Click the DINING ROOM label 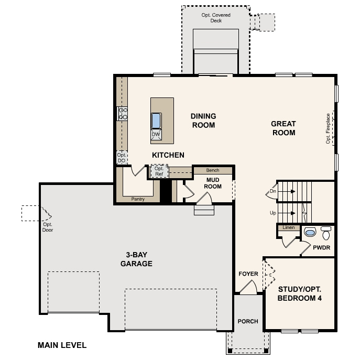pos(203,121)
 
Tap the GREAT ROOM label pos(283,128)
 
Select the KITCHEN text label pos(168,155)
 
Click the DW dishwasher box pos(156,135)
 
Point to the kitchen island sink pos(157,121)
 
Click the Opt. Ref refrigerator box pos(159,171)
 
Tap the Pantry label pos(138,199)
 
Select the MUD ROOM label pos(213,183)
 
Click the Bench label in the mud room pos(212,170)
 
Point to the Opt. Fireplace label pos(329,128)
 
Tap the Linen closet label pos(288,227)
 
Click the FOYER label pos(248,274)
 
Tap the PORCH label pos(248,321)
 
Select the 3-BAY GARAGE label pos(136,260)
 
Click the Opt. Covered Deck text pos(216,18)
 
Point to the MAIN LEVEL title pos(62,345)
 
